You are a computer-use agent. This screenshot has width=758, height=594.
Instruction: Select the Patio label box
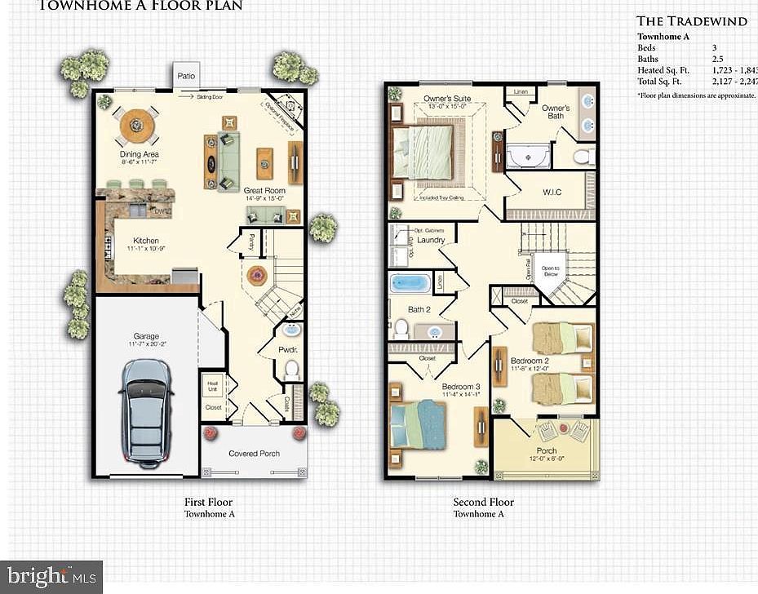click(x=186, y=76)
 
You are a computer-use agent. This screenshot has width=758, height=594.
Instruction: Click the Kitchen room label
click(x=141, y=242)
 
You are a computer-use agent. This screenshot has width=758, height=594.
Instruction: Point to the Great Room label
click(x=264, y=190)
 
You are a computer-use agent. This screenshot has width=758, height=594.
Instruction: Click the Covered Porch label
click(x=254, y=454)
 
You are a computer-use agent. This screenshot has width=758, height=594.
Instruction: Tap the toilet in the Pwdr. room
click(x=290, y=369)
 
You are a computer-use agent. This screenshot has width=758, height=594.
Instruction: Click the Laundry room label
click(x=430, y=241)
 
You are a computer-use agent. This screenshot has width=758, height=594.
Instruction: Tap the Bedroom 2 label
click(x=530, y=361)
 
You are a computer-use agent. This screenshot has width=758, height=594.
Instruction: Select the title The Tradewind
click(x=691, y=21)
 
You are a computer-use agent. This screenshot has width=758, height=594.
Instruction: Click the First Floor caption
click(x=209, y=502)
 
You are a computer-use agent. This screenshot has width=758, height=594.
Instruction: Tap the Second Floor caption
click(x=484, y=502)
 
